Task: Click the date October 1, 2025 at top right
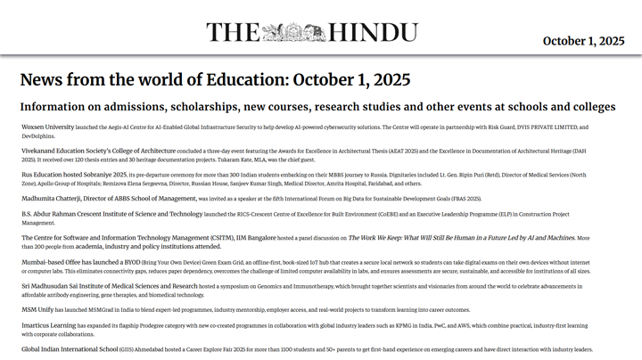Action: coord(583,41)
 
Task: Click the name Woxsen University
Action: coord(48,127)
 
